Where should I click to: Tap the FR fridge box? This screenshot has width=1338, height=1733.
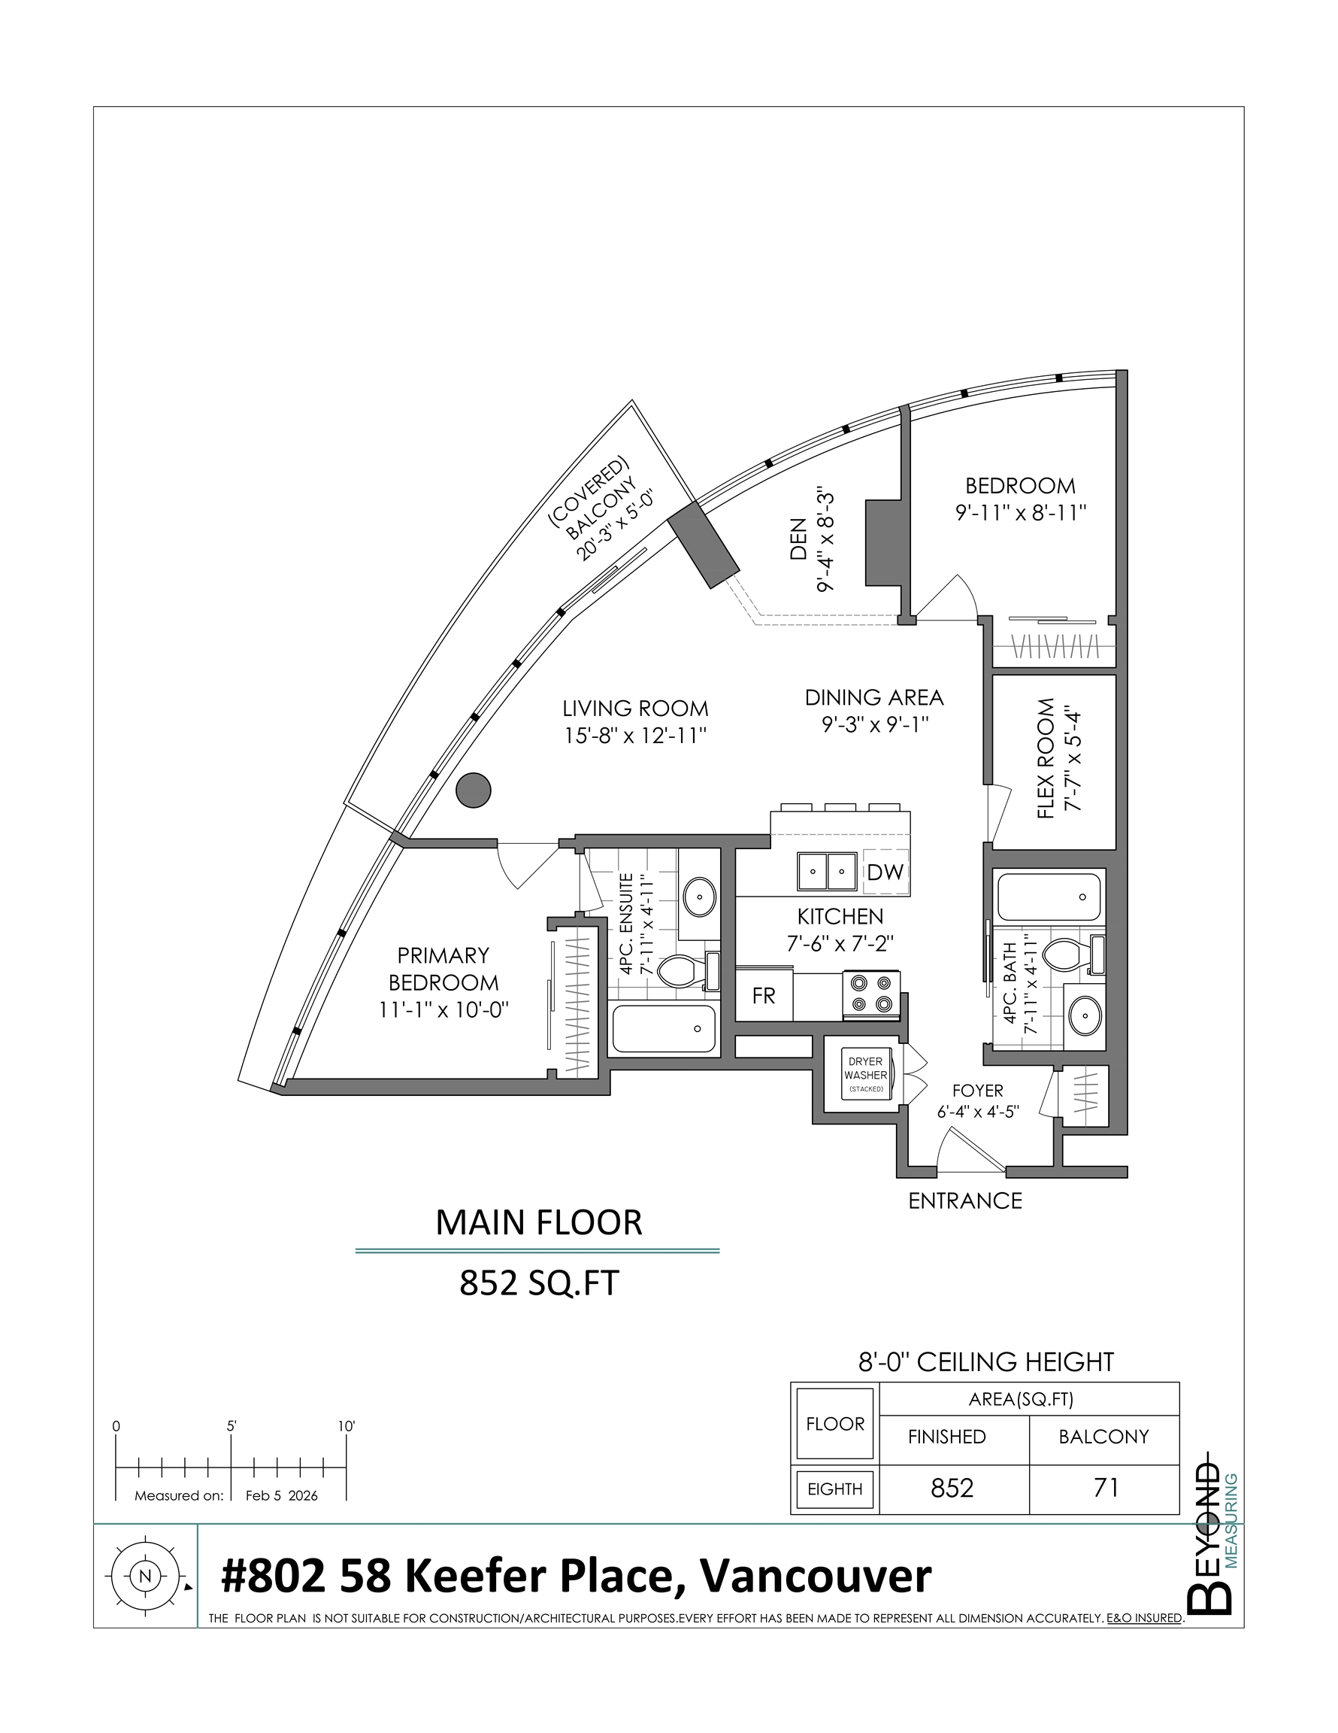click(x=763, y=996)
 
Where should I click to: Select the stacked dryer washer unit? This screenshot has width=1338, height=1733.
click(x=866, y=1074)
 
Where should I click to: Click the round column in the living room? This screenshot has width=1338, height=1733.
click(x=474, y=791)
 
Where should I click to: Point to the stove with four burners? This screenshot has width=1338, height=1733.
click(x=870, y=994)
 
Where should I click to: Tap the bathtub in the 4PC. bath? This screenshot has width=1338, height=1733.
click(x=1049, y=896)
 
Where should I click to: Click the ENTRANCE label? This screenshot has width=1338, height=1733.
click(x=964, y=1200)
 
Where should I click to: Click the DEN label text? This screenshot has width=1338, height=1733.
click(x=798, y=540)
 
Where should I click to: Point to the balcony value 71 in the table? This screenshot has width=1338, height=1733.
click(x=1105, y=1487)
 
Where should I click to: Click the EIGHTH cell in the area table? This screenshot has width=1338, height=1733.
click(x=834, y=1489)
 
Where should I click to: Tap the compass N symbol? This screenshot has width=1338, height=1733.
click(x=144, y=1576)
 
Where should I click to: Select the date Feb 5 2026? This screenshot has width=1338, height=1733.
click(x=282, y=1496)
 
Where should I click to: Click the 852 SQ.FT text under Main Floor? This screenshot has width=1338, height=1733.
click(x=538, y=1284)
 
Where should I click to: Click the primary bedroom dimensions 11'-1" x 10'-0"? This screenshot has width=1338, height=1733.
click(x=443, y=1010)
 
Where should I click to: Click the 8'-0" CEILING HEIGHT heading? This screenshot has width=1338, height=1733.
click(x=986, y=1361)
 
